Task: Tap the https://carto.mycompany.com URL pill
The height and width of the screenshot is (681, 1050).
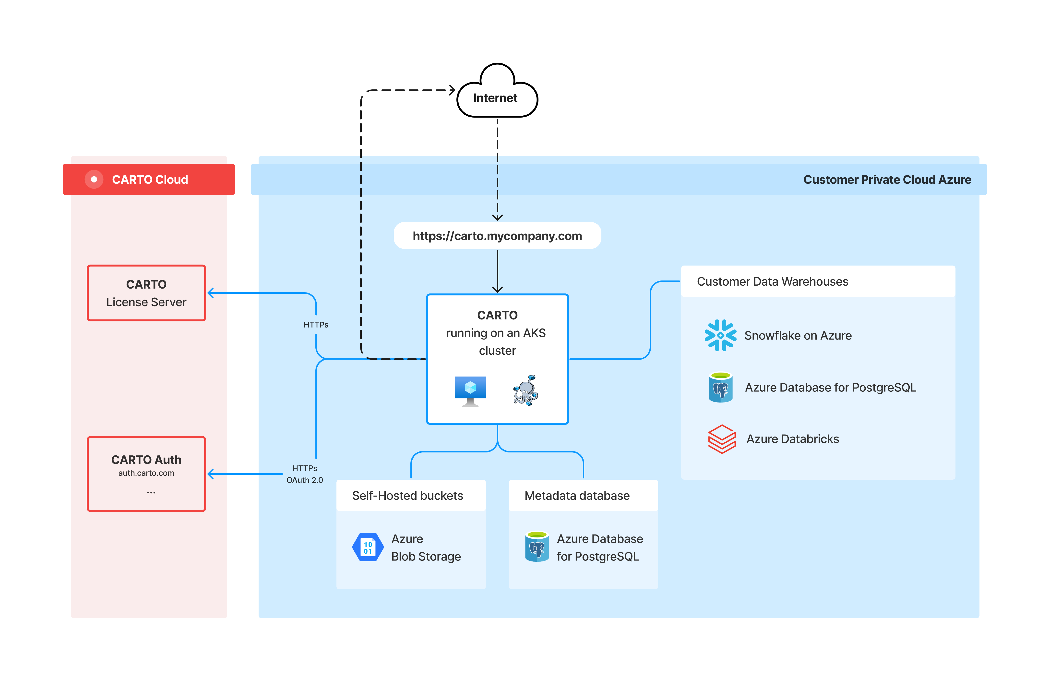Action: pyautogui.click(x=497, y=236)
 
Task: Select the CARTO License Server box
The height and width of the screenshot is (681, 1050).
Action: pyautogui.click(x=146, y=293)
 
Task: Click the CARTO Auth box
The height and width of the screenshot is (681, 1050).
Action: pyautogui.click(x=146, y=474)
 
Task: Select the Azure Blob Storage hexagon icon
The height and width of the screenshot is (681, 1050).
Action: pyautogui.click(x=368, y=547)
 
